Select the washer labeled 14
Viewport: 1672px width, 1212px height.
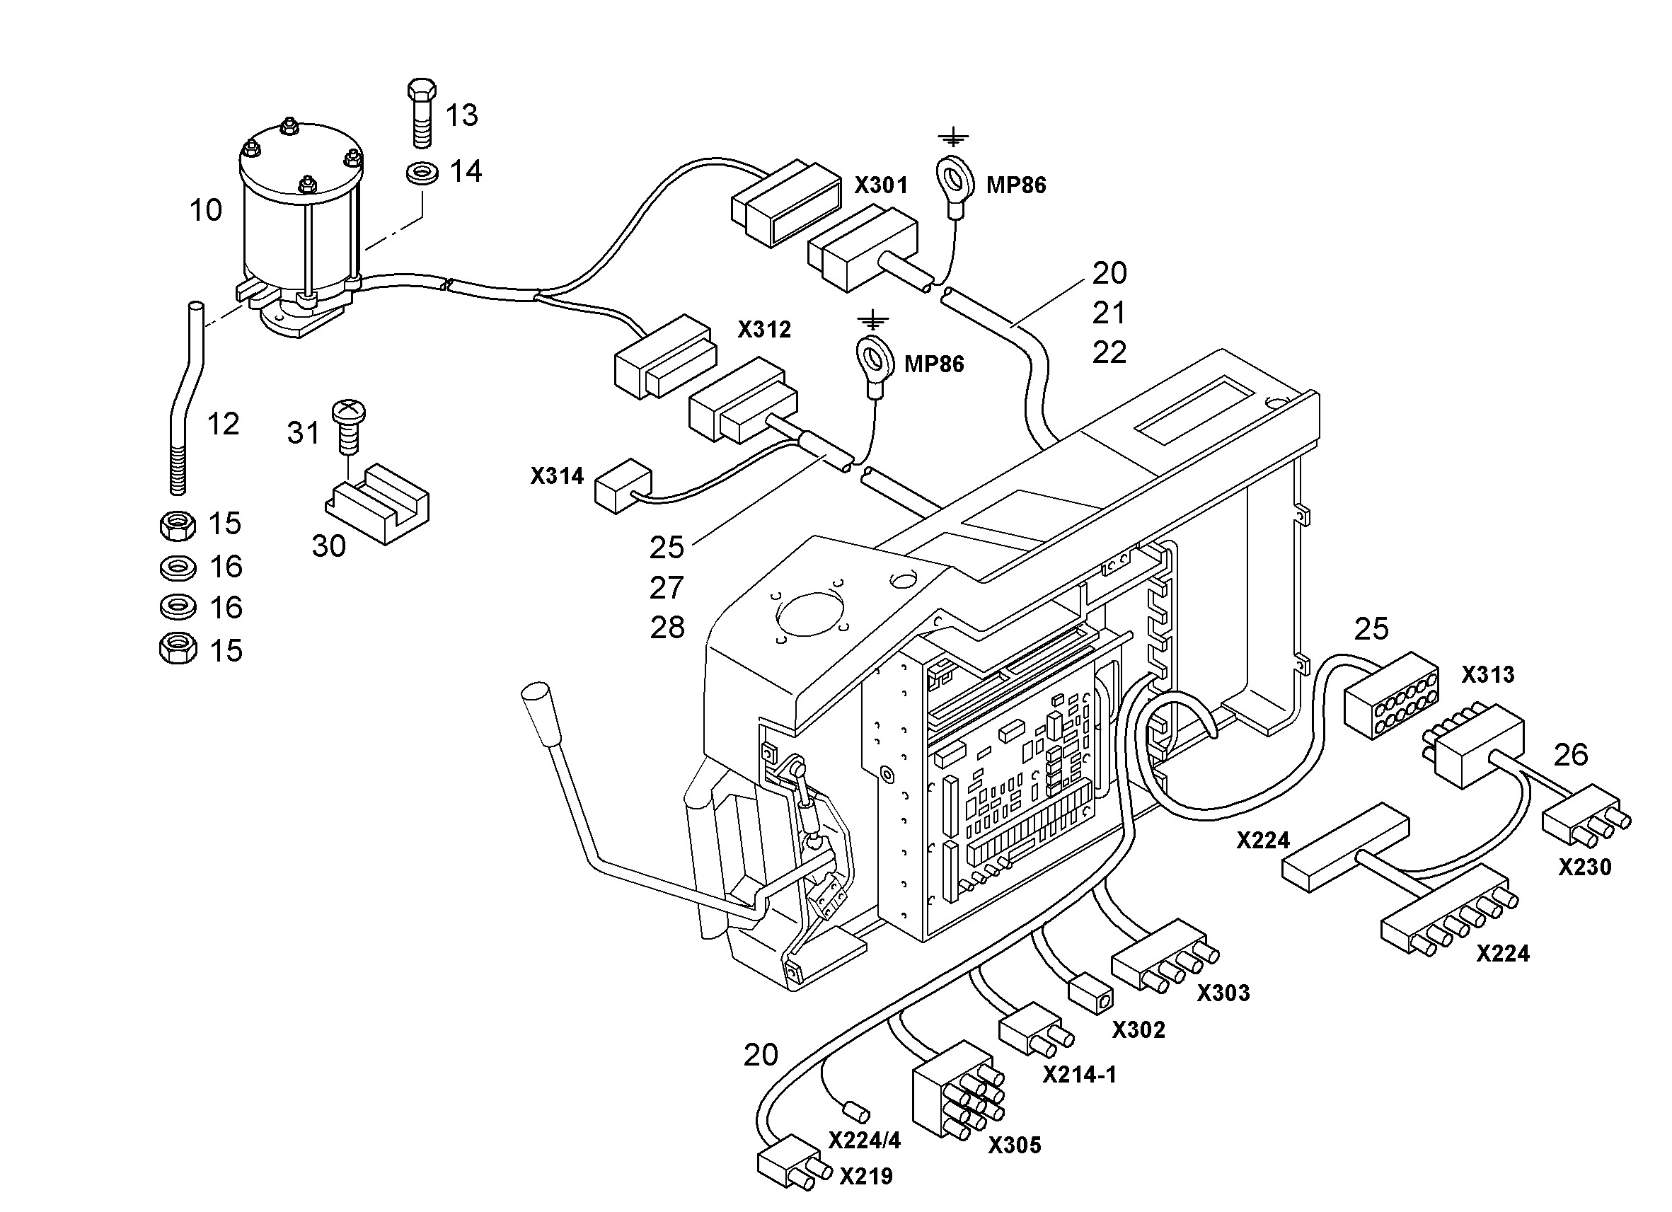click(x=422, y=174)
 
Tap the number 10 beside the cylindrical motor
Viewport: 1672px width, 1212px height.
click(x=206, y=211)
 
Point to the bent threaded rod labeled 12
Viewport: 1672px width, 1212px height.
click(x=184, y=398)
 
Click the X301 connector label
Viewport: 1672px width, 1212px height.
click(x=881, y=185)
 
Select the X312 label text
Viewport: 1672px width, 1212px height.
click(x=764, y=330)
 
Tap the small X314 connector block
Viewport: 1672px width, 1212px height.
click(x=623, y=485)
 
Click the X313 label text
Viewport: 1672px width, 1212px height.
click(x=1488, y=674)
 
